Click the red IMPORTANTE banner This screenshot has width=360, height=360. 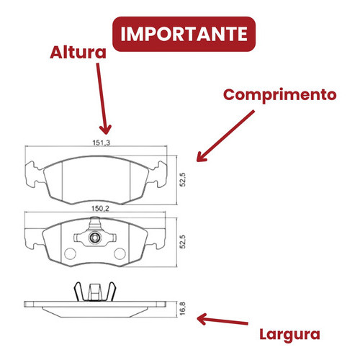pyautogui.click(x=184, y=34)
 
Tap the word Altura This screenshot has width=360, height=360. pyautogui.click(x=78, y=53)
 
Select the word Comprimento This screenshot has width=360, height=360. pyautogui.click(x=280, y=95)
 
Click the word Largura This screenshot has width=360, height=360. pyautogui.click(x=289, y=335)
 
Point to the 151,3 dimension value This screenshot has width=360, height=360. pyautogui.click(x=102, y=143)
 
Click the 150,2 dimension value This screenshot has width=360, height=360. pyautogui.click(x=100, y=209)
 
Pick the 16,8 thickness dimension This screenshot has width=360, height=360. pyautogui.click(x=183, y=309)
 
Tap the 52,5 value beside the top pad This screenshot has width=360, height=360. pyautogui.click(x=183, y=180)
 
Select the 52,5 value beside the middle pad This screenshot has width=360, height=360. pyautogui.click(x=183, y=242)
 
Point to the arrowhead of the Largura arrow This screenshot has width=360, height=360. pyautogui.click(x=199, y=319)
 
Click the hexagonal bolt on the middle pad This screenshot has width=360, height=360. pyautogui.click(x=94, y=238)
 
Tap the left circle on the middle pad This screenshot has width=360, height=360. pyautogui.click(x=70, y=253)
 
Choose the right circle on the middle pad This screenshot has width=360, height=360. pyautogui.click(x=120, y=253)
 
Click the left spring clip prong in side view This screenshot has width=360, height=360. pyautogui.click(x=78, y=291)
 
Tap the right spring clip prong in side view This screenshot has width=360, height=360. pyautogui.click(x=111, y=291)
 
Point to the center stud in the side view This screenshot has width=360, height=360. pyautogui.click(x=94, y=292)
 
